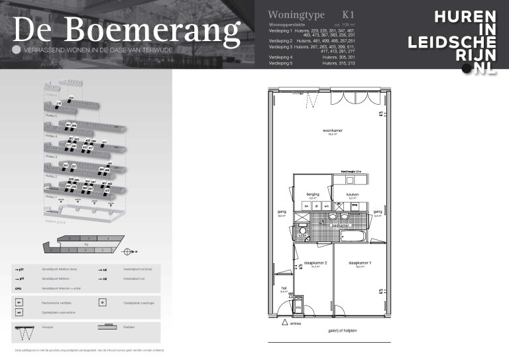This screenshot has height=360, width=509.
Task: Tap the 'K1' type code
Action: tap(349, 15)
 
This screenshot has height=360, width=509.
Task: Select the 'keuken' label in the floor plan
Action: tap(352, 194)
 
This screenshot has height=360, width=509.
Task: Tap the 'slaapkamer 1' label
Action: tap(361, 263)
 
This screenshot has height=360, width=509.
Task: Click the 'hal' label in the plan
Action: tap(284, 288)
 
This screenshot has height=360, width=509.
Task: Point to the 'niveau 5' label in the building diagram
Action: tap(51, 115)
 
